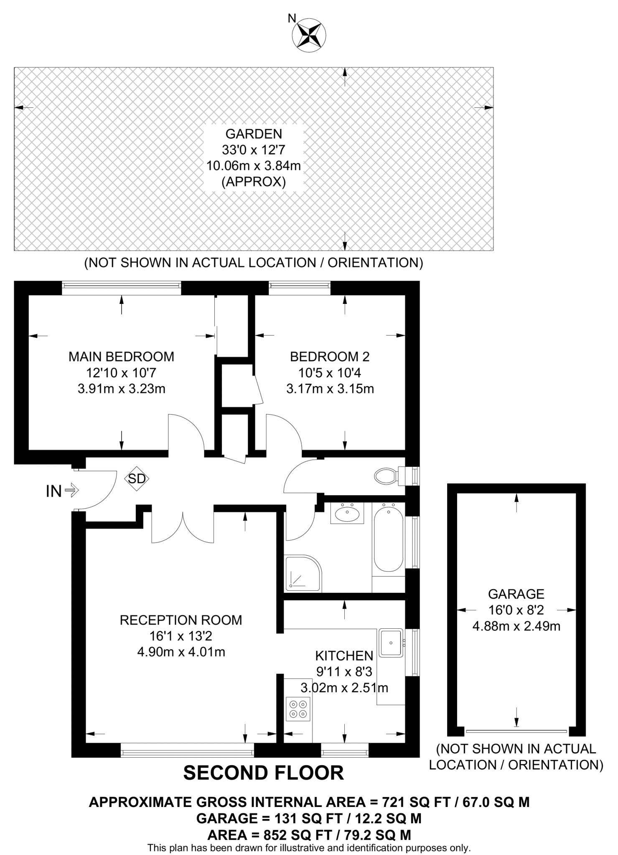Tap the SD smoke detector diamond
click(137, 478)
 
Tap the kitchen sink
click(391, 642)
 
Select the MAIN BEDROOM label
click(121, 357)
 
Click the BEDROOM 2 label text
click(330, 357)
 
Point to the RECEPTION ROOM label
click(181, 620)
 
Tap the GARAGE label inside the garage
click(516, 594)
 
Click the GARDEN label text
click(254, 134)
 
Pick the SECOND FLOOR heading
click(264, 772)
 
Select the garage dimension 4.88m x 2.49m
click(516, 626)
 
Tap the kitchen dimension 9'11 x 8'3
click(344, 671)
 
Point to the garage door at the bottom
click(516, 731)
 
